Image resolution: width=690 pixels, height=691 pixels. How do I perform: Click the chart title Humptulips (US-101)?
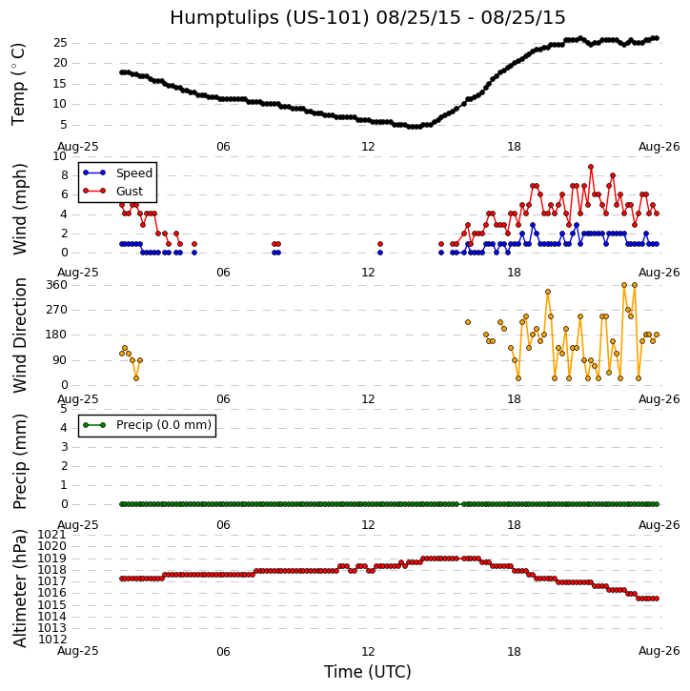click(367, 18)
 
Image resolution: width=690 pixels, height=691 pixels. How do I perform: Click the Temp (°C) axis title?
click(19, 84)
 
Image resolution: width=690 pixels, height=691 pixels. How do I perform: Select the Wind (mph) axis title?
click(20, 208)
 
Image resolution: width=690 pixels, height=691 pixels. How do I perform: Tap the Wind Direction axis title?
click(20, 335)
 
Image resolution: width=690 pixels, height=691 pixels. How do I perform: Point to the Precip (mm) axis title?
click(20, 460)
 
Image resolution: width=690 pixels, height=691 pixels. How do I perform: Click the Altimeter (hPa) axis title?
click(20, 588)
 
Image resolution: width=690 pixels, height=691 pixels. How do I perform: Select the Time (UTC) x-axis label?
click(367, 672)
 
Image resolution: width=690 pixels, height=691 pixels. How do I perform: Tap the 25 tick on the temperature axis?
click(60, 43)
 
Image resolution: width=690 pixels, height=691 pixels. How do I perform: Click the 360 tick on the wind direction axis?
click(55, 285)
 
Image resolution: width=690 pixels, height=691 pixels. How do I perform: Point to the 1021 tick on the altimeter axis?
click(52, 535)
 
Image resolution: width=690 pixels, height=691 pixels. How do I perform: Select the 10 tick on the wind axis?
click(60, 156)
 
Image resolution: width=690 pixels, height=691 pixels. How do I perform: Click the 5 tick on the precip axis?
click(63, 409)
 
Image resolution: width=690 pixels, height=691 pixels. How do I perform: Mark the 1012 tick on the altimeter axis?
click(52, 639)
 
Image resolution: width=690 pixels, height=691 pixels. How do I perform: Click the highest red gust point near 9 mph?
click(591, 167)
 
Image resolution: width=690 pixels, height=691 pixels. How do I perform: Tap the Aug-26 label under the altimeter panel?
click(660, 652)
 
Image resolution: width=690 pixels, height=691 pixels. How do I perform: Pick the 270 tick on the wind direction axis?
click(55, 310)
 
